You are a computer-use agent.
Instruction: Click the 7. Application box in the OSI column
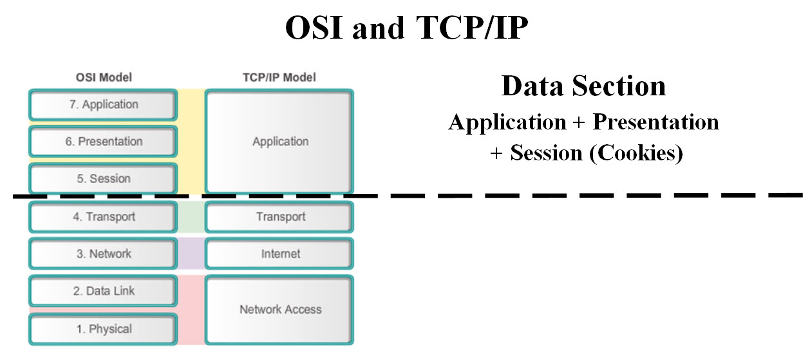pos(102,104)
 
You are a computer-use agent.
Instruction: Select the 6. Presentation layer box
pos(102,142)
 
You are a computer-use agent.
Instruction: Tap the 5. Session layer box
pos(102,178)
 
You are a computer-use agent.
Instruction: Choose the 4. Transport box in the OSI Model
pos(102,216)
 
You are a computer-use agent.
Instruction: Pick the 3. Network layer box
pos(102,254)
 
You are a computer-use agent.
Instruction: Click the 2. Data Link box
pos(102,291)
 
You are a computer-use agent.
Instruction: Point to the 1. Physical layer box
pos(102,329)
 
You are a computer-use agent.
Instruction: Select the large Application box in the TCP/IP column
pos(279,142)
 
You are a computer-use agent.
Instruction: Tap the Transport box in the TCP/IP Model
pos(279,216)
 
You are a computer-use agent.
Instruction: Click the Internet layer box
pos(279,254)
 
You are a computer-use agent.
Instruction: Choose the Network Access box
pos(279,310)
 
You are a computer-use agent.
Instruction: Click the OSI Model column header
pos(103,78)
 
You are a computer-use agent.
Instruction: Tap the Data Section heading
pos(583,86)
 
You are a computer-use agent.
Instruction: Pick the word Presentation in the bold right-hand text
pos(655,122)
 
